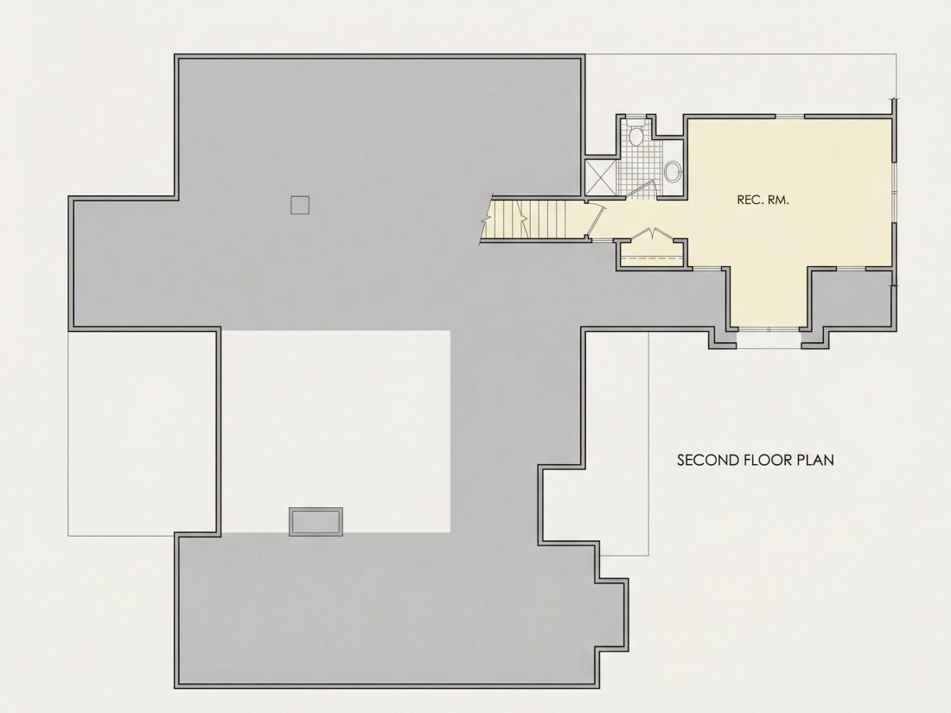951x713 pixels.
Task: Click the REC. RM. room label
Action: [763, 200]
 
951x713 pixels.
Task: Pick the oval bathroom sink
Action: [672, 172]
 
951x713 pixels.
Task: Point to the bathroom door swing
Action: [641, 190]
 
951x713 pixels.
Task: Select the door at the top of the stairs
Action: [597, 219]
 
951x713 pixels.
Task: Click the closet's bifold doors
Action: [653, 234]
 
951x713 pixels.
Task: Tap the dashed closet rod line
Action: [653, 259]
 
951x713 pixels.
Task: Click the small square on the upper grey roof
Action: [300, 205]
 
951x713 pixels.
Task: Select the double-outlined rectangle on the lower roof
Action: [316, 521]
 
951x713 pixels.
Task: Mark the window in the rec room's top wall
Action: [789, 116]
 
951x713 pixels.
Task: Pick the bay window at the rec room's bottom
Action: [769, 330]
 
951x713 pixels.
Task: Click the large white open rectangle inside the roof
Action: [335, 431]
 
